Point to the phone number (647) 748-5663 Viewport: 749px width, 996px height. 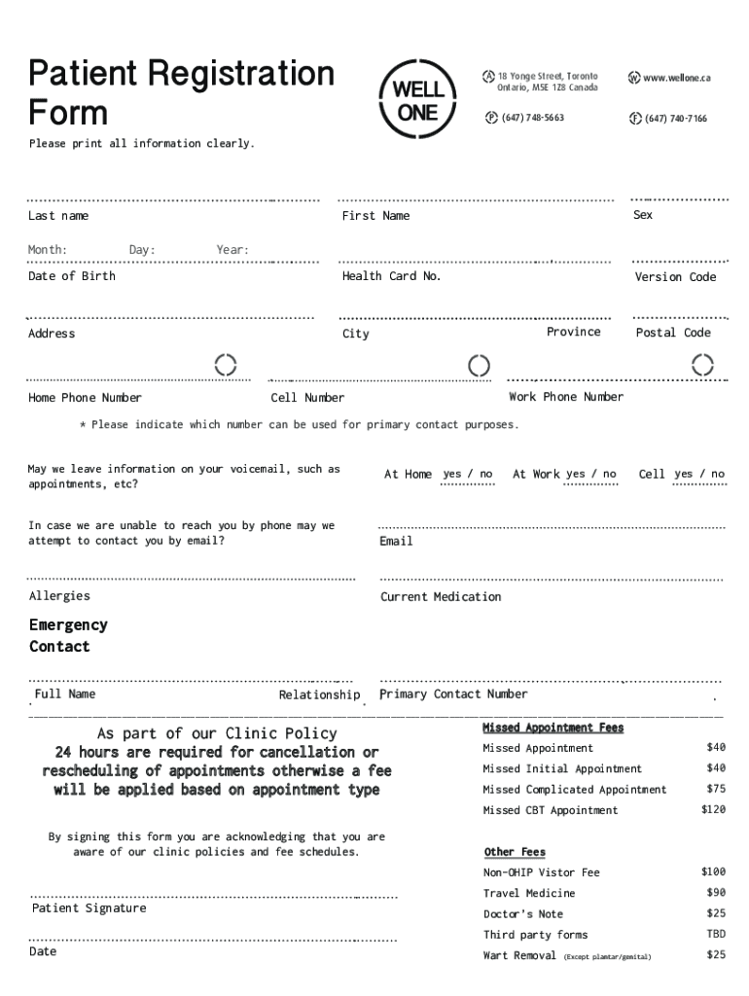coord(532,118)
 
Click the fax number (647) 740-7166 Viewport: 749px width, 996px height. coord(675,119)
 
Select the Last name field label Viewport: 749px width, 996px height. coord(58,216)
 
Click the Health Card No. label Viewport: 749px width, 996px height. coord(391,276)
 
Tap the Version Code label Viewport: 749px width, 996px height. coord(675,277)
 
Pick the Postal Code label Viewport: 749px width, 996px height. coord(673,333)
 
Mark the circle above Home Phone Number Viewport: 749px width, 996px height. coord(226,365)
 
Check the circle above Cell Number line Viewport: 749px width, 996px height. coord(479,366)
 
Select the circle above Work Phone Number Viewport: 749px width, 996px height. coord(701,365)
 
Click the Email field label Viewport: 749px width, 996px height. coord(396,541)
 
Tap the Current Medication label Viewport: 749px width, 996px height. coord(441,597)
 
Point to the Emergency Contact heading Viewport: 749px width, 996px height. coord(68,636)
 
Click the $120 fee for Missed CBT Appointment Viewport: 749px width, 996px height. coord(713,810)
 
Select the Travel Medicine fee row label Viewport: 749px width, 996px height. coord(529,893)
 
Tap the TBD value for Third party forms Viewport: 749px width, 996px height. coord(716,935)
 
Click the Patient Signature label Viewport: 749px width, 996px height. coord(89,908)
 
